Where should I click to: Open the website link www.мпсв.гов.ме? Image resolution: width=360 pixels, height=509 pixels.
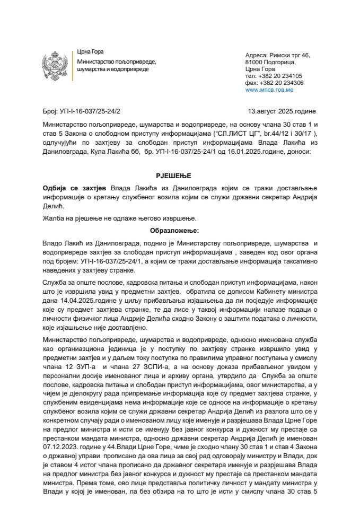point(267,91)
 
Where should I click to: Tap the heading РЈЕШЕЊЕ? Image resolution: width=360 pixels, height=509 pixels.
point(179,175)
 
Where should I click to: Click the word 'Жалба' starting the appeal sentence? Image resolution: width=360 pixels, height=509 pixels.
point(52,218)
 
